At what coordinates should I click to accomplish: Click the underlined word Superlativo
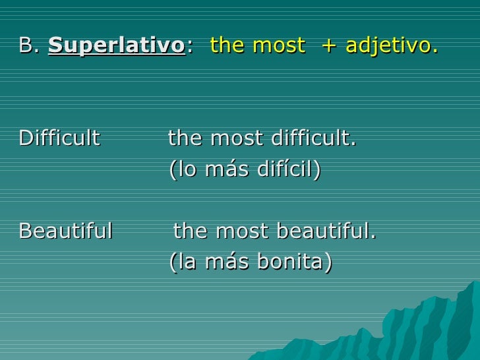pyautogui.click(x=117, y=46)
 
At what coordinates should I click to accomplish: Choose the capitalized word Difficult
pyautogui.click(x=59, y=139)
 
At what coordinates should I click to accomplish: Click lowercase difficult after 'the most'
pyautogui.click(x=313, y=139)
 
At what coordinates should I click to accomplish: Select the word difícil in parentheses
pyautogui.click(x=290, y=170)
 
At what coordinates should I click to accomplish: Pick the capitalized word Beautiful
pyautogui.click(x=66, y=231)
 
